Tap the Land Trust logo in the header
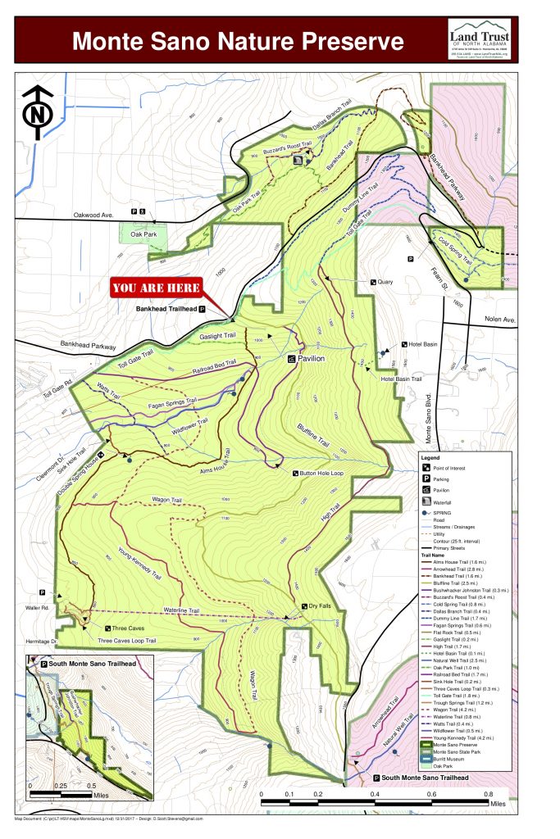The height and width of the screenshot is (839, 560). tap(480, 39)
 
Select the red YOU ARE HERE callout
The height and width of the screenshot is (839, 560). tap(157, 288)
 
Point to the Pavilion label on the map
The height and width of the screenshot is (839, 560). tap(311, 359)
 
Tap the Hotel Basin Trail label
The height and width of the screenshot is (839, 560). tap(401, 379)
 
